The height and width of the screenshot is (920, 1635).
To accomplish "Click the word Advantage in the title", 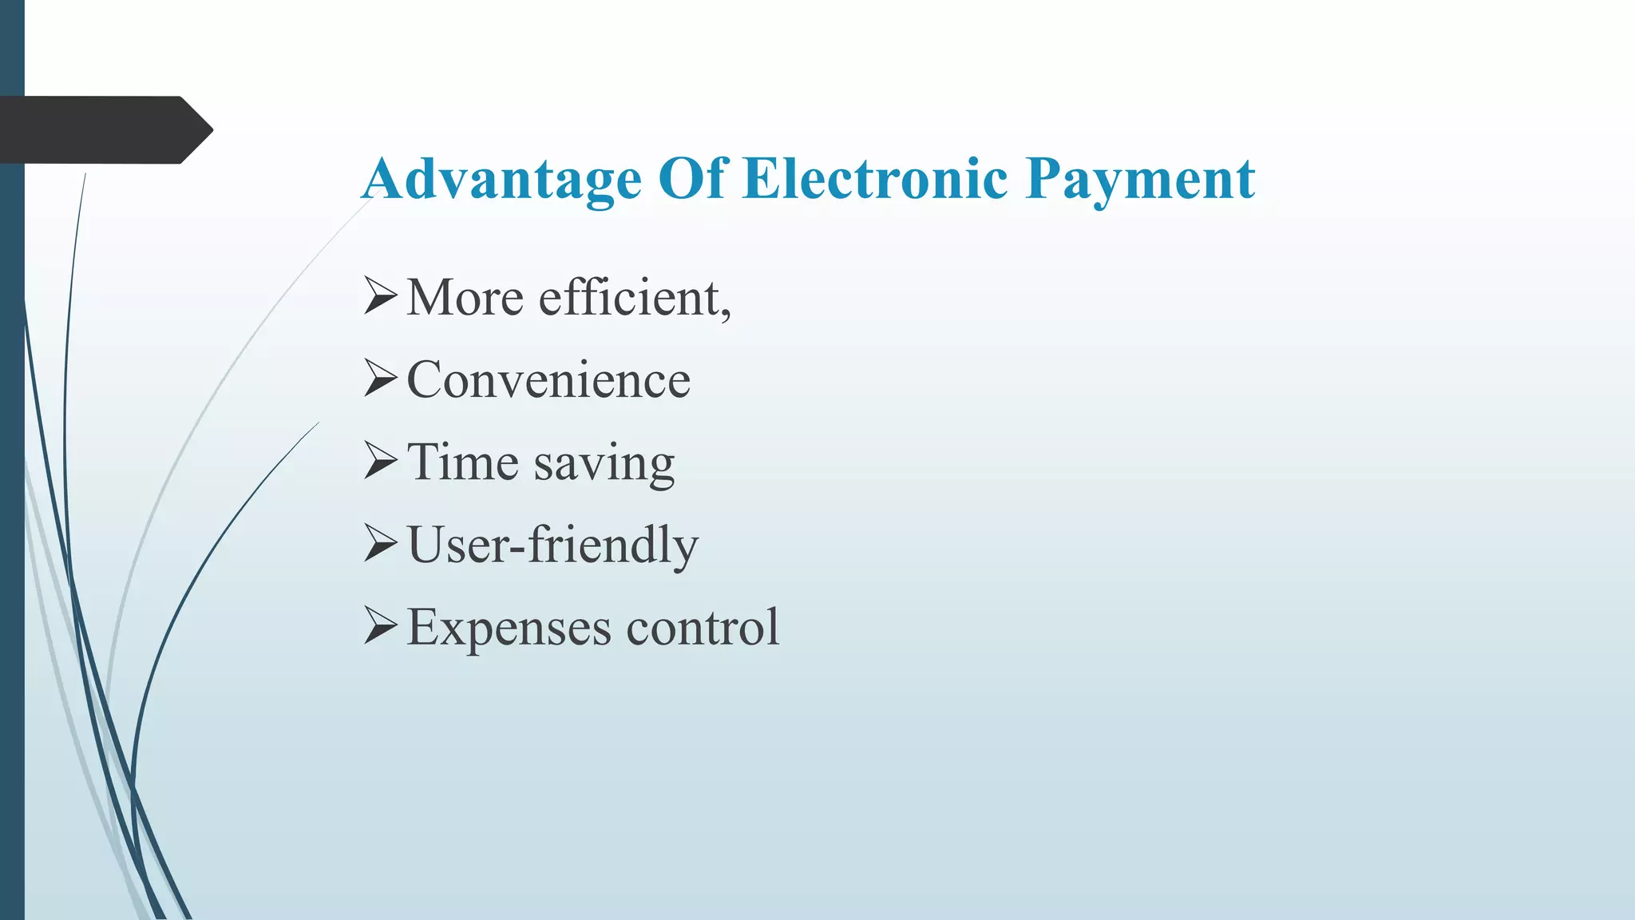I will pos(501,179).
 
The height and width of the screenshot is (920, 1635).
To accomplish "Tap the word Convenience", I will pos(548,380).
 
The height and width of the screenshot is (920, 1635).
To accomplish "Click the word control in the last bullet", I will pos(703,628).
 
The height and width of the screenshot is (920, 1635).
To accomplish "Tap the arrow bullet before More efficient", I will pos(380,295).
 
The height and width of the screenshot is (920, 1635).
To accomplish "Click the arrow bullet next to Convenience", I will pos(380,378).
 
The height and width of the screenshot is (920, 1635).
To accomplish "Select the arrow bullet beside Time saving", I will pos(380,461).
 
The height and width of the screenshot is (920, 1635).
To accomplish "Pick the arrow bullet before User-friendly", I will pos(380,543).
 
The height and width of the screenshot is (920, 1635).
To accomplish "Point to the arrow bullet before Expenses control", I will pos(380,626).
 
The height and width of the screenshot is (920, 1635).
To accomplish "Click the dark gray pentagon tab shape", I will pos(96,130).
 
